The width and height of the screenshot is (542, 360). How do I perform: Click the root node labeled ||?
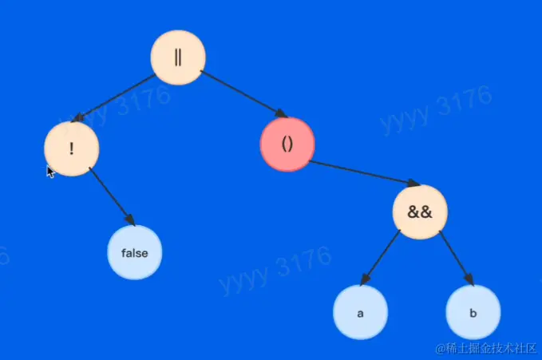point(178,57)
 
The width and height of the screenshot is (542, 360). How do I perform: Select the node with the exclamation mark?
point(72,148)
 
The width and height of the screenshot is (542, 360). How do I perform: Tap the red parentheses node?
point(287,144)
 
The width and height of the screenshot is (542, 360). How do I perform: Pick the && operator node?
point(420,212)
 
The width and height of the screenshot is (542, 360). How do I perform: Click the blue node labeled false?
point(134,252)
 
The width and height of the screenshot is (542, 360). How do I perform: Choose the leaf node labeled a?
point(361,313)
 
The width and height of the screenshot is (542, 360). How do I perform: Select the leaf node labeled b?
point(473,313)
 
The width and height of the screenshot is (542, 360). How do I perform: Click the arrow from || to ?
point(113,98)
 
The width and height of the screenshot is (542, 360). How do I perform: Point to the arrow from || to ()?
point(244,94)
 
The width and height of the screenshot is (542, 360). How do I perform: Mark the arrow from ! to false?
point(112,197)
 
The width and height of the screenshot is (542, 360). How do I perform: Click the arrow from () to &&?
point(364,173)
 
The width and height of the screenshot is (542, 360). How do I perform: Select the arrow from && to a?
point(380,258)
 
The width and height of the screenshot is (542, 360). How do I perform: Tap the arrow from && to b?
point(457,258)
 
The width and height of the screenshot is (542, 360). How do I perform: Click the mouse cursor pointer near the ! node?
point(50,172)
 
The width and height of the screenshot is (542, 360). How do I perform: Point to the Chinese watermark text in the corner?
point(485,348)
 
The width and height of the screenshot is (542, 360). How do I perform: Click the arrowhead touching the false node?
point(130,220)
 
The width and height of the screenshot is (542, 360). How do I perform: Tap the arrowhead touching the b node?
point(469,279)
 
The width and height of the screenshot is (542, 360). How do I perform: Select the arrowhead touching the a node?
point(365,279)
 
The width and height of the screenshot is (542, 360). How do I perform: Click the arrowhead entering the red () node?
point(282,113)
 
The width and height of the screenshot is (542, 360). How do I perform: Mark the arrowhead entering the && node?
point(413,184)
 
